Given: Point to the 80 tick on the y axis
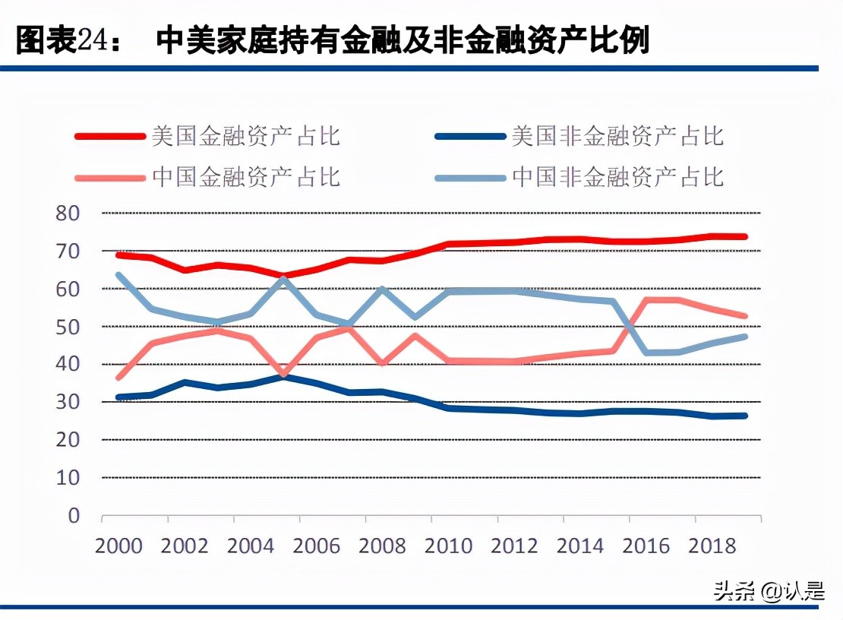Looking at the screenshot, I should [x=68, y=214].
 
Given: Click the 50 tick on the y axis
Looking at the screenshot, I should [x=68, y=327].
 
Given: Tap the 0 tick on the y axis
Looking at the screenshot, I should [x=74, y=516].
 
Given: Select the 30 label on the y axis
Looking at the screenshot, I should [x=68, y=402].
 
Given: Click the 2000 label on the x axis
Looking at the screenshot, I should [x=119, y=546].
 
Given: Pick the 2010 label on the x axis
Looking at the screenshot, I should [x=449, y=546].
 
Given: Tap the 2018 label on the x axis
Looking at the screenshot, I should [x=712, y=546].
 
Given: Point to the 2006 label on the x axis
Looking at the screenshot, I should [x=317, y=546].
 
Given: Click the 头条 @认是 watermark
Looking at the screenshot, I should [x=768, y=591].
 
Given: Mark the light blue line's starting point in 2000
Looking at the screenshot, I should [x=118, y=275].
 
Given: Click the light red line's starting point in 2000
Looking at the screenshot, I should [x=118, y=377].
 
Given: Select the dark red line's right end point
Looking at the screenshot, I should [x=745, y=237].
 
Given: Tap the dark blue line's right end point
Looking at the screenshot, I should [x=745, y=416].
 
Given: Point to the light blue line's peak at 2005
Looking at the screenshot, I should [x=283, y=278].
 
